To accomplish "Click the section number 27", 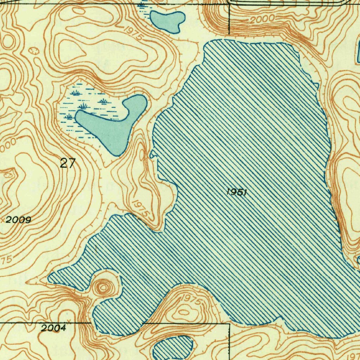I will (x=67, y=163).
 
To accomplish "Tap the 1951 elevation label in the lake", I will (x=237, y=192).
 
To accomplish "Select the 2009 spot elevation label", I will (x=18, y=220).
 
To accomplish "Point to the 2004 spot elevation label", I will (x=53, y=328).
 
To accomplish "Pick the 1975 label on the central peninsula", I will (x=140, y=209).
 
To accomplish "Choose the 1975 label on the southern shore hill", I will (x=192, y=300).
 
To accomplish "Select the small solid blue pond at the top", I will (x=167, y=21).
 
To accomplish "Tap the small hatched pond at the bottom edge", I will (x=173, y=347).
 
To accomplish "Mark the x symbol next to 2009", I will (x=3, y=220).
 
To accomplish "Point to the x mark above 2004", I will (x=69, y=320).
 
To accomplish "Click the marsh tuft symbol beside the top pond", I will (x=141, y=5).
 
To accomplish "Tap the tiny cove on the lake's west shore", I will (x=153, y=155).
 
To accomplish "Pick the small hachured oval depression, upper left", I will (x=34, y=51).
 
